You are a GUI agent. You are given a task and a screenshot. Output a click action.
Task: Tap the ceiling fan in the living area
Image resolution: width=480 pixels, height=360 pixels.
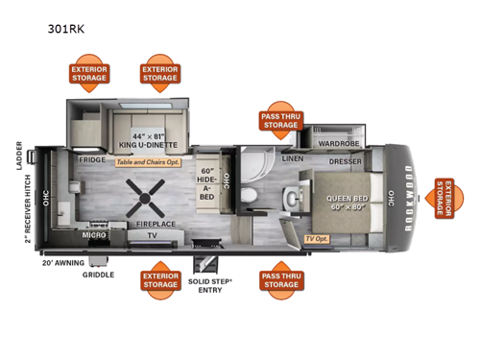(146, 196)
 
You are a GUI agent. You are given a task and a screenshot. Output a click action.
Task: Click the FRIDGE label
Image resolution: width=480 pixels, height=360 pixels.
(92, 161)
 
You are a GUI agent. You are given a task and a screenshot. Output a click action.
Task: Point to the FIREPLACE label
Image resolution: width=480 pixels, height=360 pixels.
(154, 223)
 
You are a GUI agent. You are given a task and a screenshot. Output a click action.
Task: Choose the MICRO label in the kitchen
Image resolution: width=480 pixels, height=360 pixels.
(93, 234)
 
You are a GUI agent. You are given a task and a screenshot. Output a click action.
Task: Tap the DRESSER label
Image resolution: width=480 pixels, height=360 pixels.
(344, 162)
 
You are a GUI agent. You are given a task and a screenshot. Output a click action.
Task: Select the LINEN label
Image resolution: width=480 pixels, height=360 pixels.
(293, 158)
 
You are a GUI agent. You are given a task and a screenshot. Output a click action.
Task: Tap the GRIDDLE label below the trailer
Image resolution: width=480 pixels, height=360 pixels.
(98, 275)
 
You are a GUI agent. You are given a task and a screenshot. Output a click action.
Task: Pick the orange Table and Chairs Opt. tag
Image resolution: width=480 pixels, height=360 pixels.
(149, 162)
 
